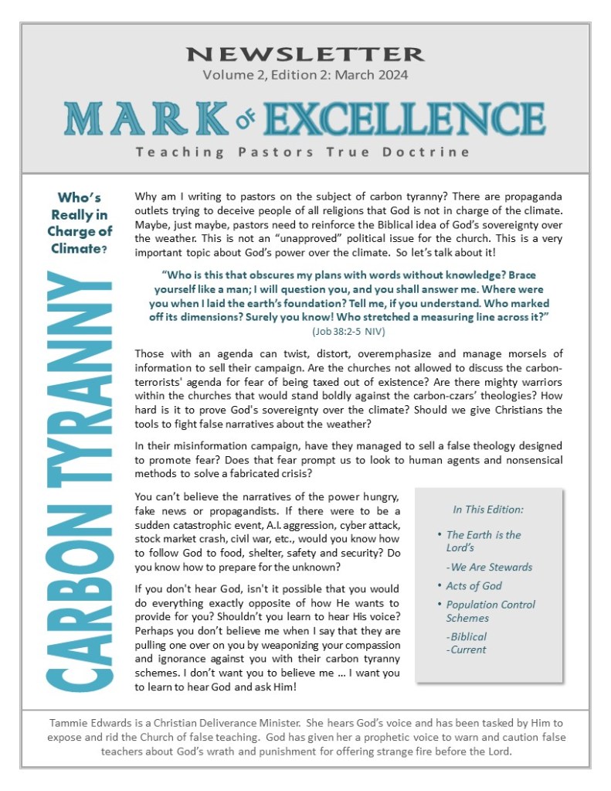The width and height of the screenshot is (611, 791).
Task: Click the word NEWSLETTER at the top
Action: point(305,54)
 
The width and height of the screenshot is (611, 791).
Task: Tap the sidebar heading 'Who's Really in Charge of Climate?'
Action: point(79,222)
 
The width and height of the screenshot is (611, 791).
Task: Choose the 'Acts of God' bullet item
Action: point(474,585)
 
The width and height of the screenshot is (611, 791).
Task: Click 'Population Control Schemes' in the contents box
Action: point(490,611)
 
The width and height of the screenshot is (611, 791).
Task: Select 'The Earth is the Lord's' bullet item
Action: point(483,540)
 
